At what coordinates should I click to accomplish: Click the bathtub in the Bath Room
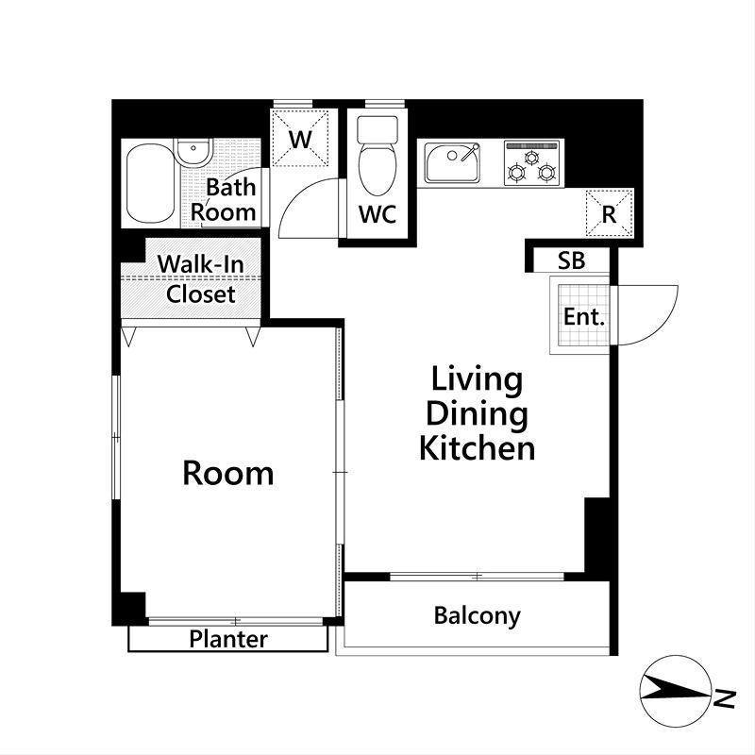150,183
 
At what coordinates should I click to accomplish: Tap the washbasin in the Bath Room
193,151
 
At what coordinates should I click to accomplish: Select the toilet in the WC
377,155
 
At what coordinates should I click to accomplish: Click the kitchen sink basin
452,162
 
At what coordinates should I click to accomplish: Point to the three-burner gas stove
532,162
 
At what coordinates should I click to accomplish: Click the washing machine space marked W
300,138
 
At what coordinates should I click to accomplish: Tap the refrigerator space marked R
609,213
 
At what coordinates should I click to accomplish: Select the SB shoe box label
572,260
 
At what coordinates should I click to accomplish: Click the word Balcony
478,616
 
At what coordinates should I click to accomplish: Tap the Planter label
228,639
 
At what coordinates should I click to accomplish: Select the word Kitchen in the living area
478,448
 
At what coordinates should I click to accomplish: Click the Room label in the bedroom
228,473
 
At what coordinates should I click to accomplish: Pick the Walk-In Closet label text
201,279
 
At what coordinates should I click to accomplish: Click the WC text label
377,214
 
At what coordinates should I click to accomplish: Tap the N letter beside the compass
725,698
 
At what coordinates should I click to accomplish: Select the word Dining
478,414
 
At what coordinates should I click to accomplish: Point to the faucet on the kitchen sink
469,152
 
